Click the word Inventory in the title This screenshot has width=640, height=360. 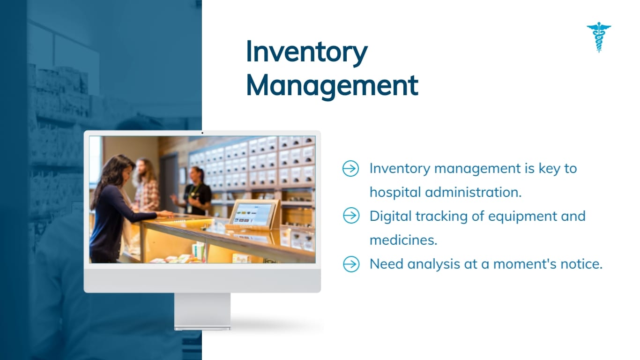tap(306, 52)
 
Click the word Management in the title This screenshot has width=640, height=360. tap(332, 86)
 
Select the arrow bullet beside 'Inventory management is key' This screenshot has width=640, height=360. tap(350, 168)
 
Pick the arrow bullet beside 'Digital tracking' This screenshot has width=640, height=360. tap(350, 216)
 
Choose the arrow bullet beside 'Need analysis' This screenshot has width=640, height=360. tap(350, 264)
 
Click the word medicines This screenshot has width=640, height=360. tap(403, 240)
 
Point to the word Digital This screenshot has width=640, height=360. tap(391, 216)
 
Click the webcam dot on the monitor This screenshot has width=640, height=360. tap(202, 133)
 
